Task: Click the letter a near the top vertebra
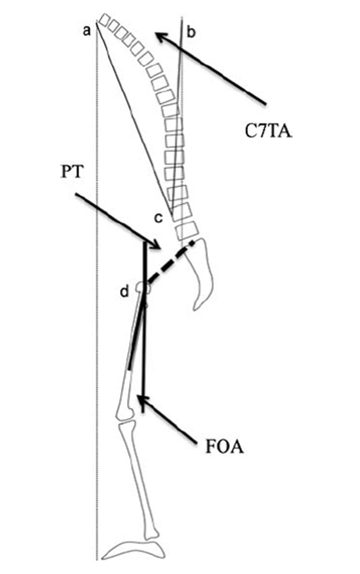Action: click(87, 31)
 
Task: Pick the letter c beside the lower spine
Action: click(158, 218)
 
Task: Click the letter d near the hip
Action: click(124, 291)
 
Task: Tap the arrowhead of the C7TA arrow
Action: click(157, 34)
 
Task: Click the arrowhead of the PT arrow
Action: click(158, 245)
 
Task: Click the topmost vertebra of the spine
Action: click(106, 19)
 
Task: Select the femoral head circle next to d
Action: click(142, 288)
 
